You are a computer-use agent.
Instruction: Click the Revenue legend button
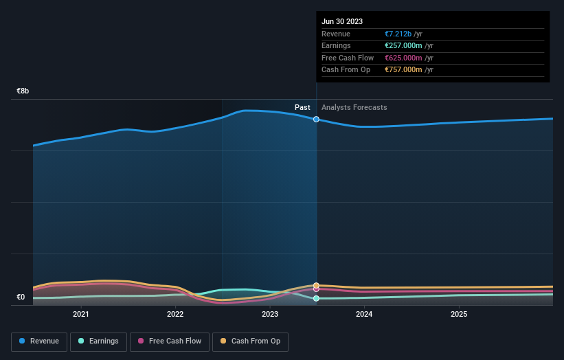tap(39, 341)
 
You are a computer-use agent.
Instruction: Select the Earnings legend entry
tap(98, 341)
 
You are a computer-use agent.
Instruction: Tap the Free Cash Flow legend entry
tap(169, 341)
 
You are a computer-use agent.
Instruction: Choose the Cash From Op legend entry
tap(250, 341)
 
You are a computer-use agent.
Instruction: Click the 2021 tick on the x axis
tap(81, 315)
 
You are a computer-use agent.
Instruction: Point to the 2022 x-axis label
tap(175, 315)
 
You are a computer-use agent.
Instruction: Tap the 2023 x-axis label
tap(270, 315)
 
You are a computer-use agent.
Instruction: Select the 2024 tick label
tap(364, 315)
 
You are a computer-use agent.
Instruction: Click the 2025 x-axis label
tap(459, 315)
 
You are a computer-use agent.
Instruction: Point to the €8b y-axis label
tap(23, 91)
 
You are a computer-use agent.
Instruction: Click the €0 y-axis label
tap(21, 297)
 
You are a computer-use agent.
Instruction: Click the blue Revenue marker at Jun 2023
tap(316, 119)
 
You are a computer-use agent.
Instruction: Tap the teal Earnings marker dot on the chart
tap(316, 299)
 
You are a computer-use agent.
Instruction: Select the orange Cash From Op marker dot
tap(316, 285)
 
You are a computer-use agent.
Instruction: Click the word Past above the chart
tap(302, 108)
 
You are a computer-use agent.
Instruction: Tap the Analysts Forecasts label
tap(354, 108)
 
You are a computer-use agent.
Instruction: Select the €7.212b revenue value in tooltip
tap(398, 34)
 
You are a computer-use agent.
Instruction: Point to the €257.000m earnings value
tap(403, 46)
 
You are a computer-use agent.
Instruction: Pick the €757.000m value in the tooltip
tap(403, 70)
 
